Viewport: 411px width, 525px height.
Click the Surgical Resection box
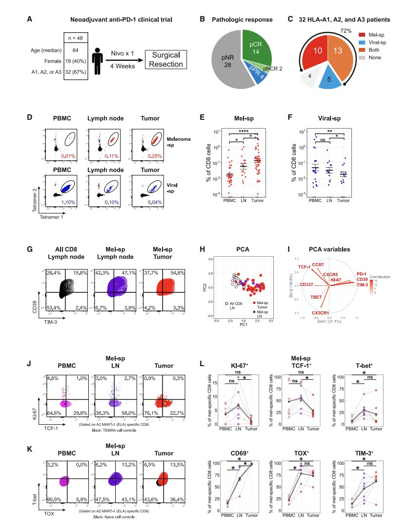click(x=167, y=61)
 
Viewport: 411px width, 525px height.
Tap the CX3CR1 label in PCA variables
click(x=321, y=312)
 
